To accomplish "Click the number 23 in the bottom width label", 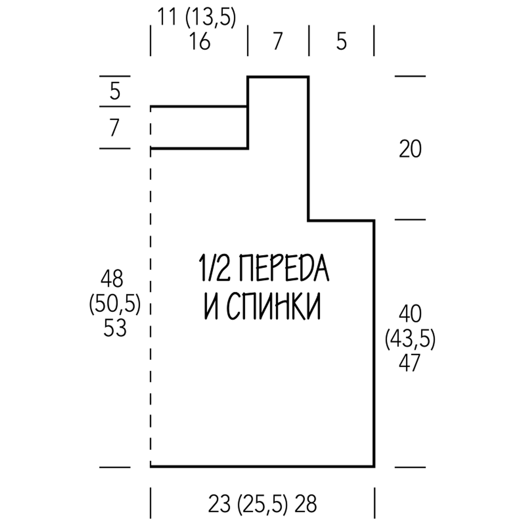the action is coord(219,504).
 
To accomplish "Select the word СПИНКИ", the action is coord(274,306).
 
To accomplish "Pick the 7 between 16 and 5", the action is coord(278,41).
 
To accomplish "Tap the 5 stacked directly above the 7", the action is coord(115,91).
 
